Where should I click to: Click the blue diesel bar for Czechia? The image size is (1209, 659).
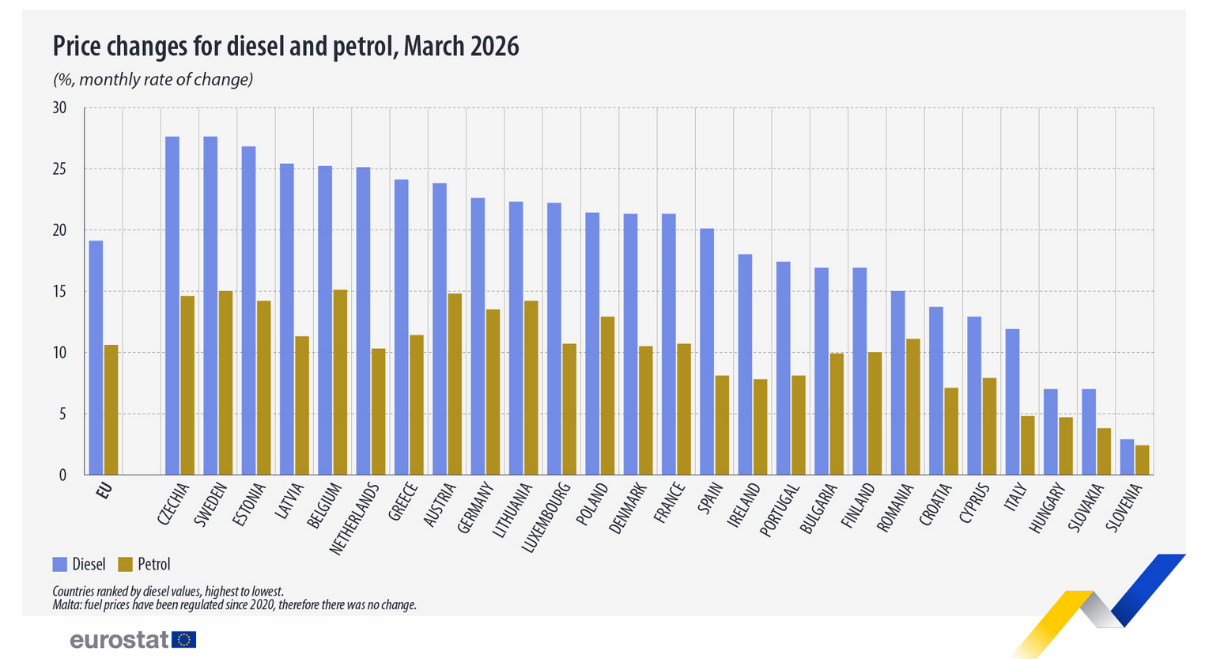click(172, 305)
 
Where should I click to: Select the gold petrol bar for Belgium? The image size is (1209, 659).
click(340, 382)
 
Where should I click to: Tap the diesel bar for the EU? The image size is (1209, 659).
click(96, 358)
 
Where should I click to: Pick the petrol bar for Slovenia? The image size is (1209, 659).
click(1142, 460)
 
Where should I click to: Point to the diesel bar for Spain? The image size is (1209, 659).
click(707, 351)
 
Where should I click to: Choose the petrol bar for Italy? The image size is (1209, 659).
click(1028, 445)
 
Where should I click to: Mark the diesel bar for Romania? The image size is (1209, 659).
click(898, 383)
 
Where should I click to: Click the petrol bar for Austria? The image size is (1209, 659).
click(455, 384)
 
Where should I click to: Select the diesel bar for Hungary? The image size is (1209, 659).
click(1051, 432)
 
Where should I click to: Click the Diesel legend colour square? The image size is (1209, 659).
click(59, 565)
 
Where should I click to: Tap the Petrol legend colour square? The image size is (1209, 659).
click(125, 565)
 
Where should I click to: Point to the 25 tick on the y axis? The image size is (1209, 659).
click(59, 169)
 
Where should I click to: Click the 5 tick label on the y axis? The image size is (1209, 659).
click(62, 415)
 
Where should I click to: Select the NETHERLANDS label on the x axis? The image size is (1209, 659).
click(354, 519)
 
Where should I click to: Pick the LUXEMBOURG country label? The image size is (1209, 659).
click(546, 517)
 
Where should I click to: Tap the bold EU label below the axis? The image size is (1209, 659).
click(104, 491)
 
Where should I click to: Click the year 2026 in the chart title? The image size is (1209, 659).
click(494, 47)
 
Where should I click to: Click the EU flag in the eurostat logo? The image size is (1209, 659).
click(184, 640)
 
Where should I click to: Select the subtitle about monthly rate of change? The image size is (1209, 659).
click(153, 79)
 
